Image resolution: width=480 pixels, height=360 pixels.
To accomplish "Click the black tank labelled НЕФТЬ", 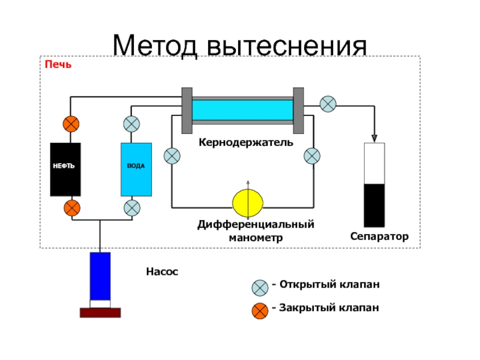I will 65,169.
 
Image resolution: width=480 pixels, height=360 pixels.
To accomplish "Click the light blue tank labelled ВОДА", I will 136,169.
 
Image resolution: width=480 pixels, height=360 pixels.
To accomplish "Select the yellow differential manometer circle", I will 248,203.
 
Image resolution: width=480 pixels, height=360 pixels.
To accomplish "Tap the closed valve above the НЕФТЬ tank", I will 71,124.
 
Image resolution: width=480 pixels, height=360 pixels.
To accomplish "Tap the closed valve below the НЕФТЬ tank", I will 71,208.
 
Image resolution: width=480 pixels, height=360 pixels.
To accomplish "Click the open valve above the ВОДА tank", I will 132,124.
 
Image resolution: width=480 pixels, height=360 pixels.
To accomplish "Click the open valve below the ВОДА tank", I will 132,208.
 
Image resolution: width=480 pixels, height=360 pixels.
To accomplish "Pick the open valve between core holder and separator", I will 328,104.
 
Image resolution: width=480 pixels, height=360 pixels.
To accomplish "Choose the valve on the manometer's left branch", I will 172,156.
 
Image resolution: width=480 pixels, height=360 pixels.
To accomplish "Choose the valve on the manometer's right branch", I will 312,156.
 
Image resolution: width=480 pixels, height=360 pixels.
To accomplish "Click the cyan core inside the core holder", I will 242,110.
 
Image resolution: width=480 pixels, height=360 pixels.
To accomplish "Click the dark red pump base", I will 100,312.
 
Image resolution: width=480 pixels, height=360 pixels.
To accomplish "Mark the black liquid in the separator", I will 374,205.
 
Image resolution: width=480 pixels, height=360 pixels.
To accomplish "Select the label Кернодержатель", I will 246,143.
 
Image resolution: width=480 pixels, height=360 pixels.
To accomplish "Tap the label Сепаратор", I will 379,237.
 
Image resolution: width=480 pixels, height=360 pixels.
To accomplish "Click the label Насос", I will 162,272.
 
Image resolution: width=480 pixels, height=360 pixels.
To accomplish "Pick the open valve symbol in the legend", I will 260,287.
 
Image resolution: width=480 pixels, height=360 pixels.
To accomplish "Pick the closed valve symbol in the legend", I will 260,311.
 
